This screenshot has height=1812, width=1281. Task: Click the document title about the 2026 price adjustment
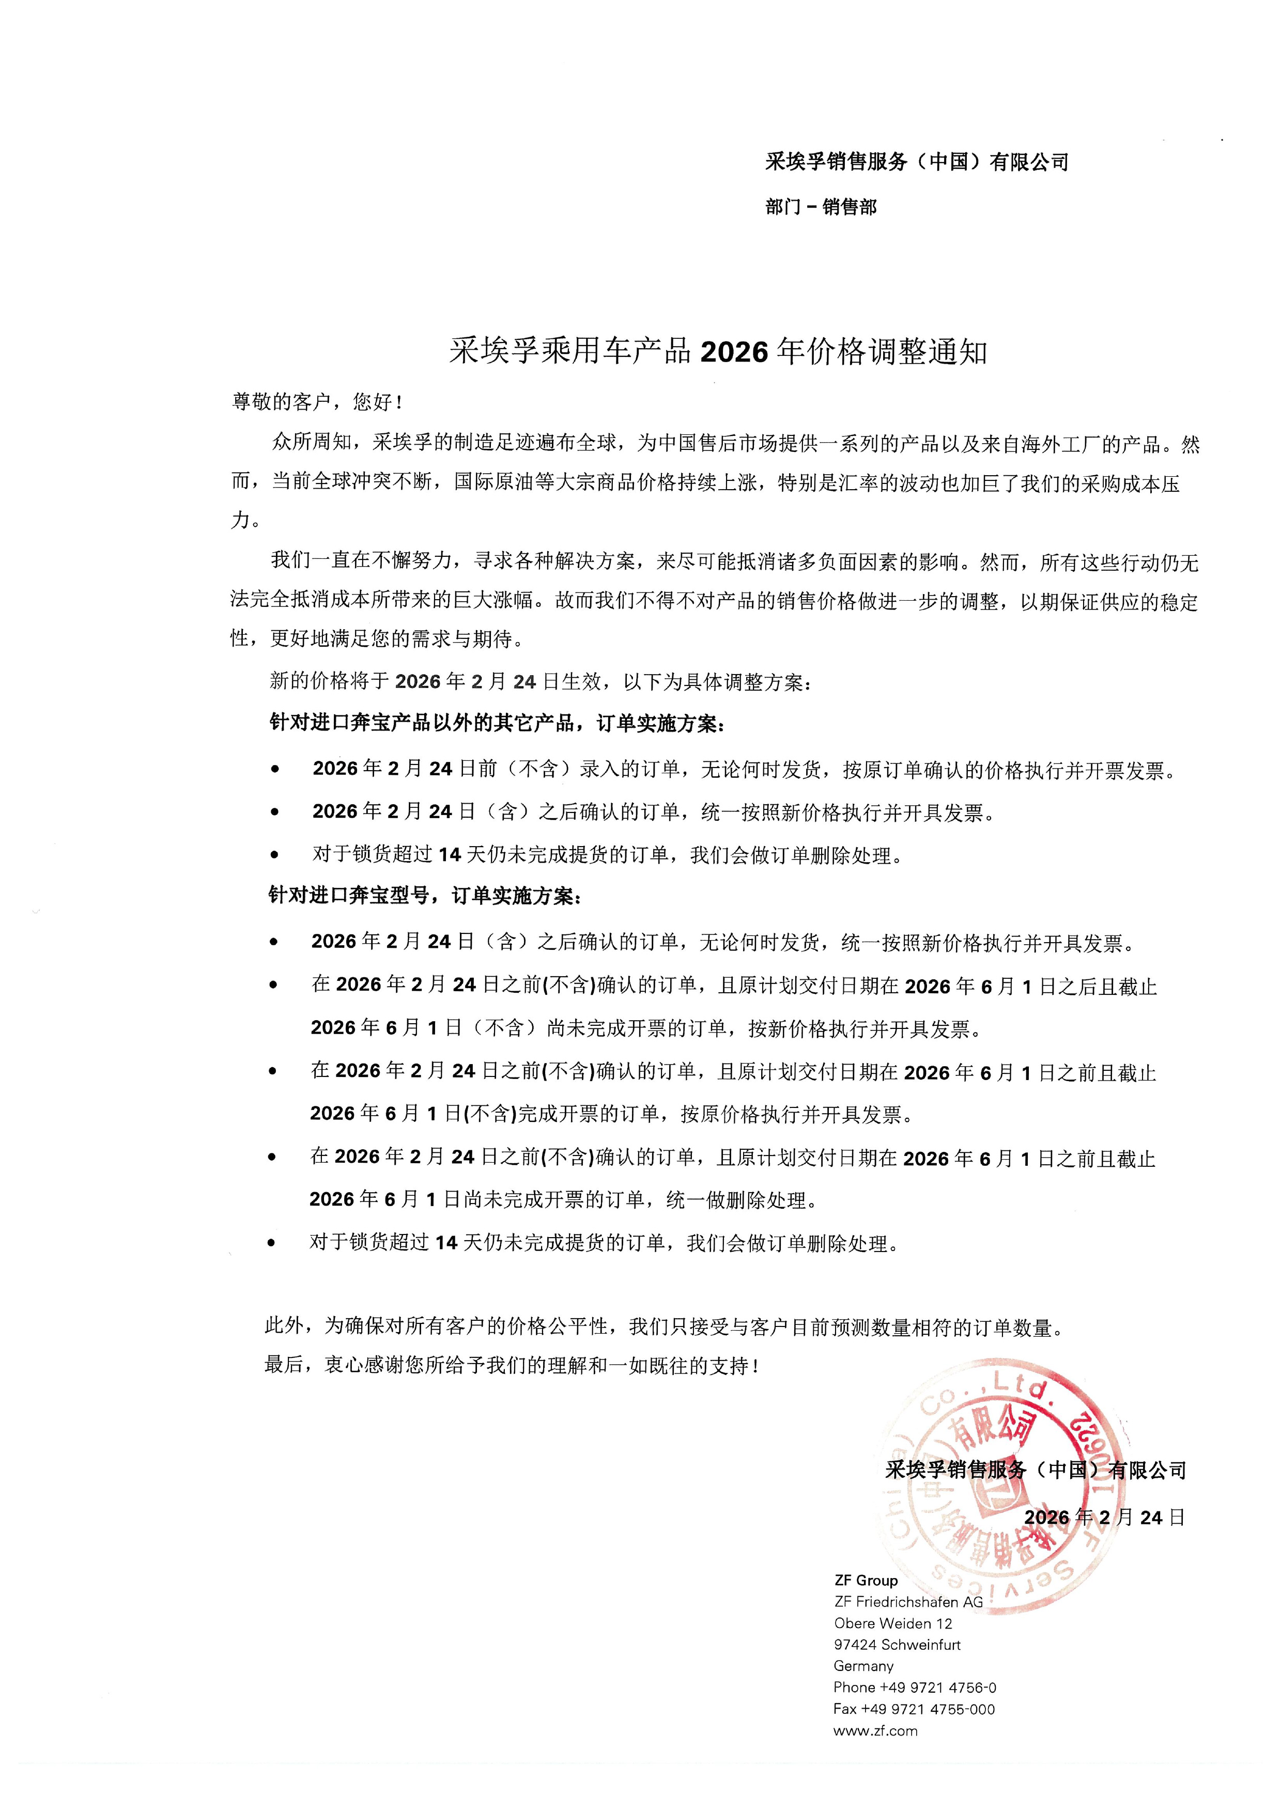(x=718, y=352)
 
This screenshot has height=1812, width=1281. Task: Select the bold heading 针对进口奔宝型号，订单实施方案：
(x=426, y=896)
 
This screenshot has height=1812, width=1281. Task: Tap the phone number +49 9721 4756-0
(x=915, y=1688)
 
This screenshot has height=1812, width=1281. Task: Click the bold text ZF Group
(x=866, y=1580)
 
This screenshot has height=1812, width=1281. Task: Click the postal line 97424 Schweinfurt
(x=897, y=1645)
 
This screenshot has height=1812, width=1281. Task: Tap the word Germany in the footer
(x=863, y=1666)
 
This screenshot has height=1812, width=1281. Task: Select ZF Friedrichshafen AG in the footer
(x=908, y=1601)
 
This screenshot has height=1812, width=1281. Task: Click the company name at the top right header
(x=916, y=163)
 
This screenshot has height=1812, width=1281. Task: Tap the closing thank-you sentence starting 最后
(x=512, y=1365)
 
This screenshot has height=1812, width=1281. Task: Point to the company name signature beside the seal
(x=1036, y=1470)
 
